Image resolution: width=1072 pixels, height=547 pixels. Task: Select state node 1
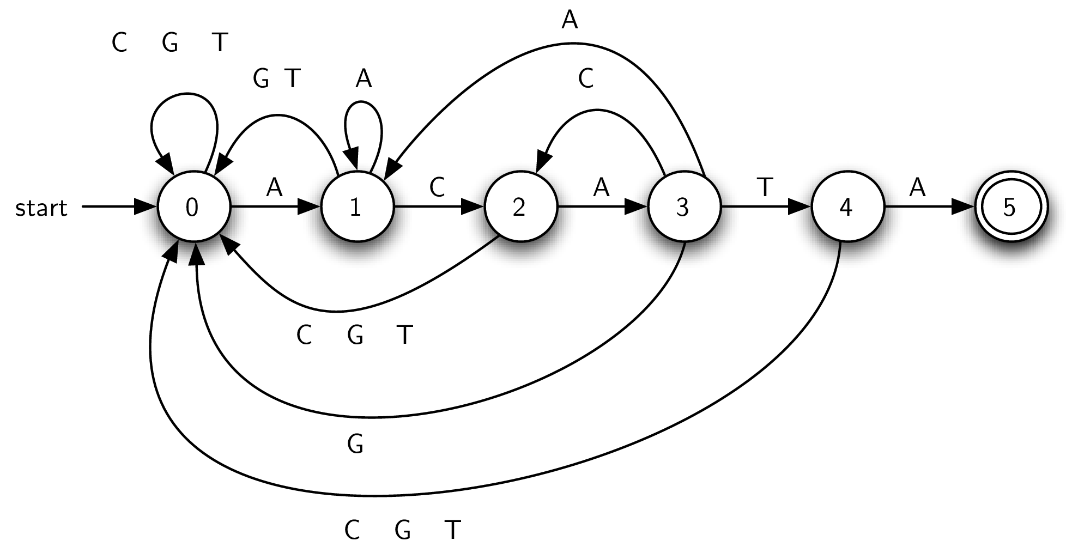[356, 208]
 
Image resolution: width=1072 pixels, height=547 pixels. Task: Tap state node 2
[519, 208]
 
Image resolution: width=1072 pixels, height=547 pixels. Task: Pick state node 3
[683, 208]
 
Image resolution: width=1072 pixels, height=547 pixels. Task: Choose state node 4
[846, 208]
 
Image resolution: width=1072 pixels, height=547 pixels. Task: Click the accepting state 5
[1009, 208]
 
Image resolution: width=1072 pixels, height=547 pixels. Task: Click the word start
[41, 208]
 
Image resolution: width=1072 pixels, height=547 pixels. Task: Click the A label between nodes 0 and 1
[275, 187]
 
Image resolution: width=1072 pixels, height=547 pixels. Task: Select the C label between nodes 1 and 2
[437, 187]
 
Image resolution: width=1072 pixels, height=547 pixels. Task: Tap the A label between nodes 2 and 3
[601, 187]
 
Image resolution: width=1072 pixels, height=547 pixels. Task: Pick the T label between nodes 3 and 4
[765, 187]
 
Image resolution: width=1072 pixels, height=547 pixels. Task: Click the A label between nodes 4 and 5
[917, 187]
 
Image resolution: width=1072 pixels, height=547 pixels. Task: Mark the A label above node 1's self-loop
[364, 79]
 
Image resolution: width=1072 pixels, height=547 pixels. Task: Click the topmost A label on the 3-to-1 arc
[569, 21]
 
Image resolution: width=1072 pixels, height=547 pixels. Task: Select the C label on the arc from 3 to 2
[585, 79]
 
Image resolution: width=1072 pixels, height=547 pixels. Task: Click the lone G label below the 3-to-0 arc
[355, 445]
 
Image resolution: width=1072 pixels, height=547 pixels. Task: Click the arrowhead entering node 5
[964, 207]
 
